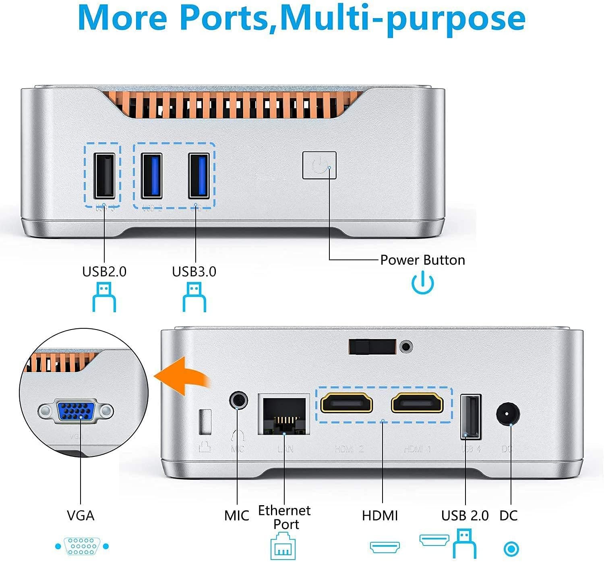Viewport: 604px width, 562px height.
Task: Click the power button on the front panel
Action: point(319,165)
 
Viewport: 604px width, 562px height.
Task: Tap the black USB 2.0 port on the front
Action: point(104,176)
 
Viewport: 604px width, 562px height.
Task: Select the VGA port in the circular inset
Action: point(76,411)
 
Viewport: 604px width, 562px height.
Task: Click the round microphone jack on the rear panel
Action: point(238,400)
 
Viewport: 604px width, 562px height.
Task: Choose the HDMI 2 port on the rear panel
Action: point(346,403)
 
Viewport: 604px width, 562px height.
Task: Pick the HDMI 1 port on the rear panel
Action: point(417,403)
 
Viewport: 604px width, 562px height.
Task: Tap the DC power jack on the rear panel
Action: point(508,415)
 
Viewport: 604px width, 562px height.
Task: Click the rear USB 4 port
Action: point(471,417)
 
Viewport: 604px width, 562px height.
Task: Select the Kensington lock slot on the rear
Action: point(205,422)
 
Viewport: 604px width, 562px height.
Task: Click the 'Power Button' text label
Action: point(422,260)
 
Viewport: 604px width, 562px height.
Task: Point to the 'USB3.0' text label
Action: point(194,272)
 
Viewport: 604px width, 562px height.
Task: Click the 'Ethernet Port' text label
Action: point(284,517)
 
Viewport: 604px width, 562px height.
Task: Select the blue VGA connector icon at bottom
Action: point(82,546)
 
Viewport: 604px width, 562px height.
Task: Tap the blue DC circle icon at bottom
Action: point(511,549)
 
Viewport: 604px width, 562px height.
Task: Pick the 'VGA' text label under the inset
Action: point(81,516)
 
